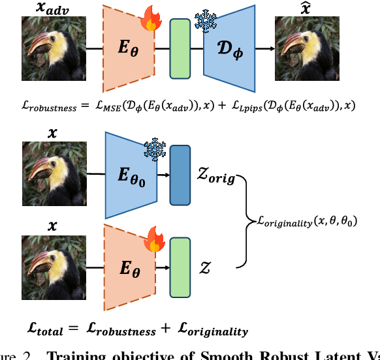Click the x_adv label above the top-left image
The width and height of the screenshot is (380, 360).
[x=44, y=8]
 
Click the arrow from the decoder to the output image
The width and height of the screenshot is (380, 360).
[x=264, y=48]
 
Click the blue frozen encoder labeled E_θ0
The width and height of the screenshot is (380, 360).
[x=129, y=175]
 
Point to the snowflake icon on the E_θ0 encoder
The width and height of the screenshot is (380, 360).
[x=154, y=150]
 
